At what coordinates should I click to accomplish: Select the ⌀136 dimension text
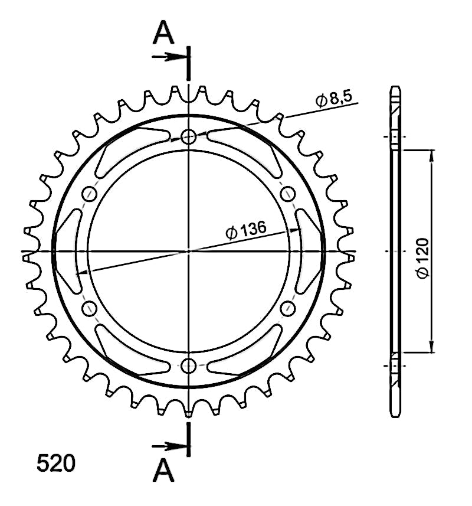(x=246, y=230)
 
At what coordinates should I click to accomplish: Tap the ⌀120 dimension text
(x=422, y=257)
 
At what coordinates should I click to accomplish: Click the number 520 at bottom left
(x=56, y=463)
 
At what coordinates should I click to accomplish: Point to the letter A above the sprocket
(x=163, y=32)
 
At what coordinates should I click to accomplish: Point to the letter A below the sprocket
(x=163, y=470)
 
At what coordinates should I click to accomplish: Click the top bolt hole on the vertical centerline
(x=189, y=137)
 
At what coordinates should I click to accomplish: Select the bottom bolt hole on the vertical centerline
(x=189, y=365)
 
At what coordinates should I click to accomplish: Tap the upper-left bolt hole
(x=90, y=194)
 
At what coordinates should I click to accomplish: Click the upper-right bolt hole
(x=287, y=194)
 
